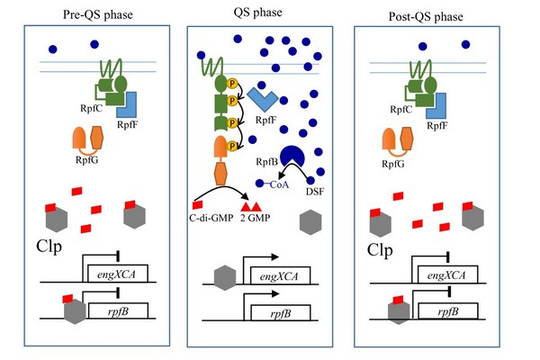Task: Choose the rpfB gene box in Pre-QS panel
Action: pos(117,313)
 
